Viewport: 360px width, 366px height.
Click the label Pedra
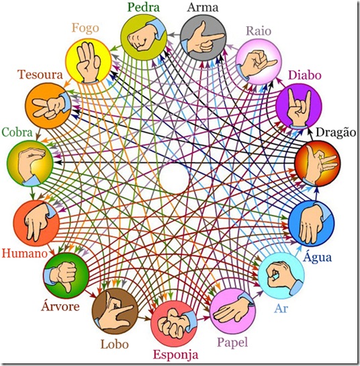(144, 7)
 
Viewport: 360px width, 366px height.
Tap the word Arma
(203, 7)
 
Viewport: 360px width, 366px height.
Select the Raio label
(259, 31)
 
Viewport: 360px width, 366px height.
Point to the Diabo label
(305, 75)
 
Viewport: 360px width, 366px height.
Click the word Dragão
(336, 132)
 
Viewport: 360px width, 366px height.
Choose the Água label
(317, 257)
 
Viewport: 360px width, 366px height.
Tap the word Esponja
(175, 355)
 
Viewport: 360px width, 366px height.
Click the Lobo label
(114, 345)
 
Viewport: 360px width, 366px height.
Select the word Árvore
(60, 306)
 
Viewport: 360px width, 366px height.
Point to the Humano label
(24, 253)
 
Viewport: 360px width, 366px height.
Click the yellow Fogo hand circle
(88, 61)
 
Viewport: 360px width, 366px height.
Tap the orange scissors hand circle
(48, 105)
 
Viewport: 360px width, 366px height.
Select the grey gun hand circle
(203, 38)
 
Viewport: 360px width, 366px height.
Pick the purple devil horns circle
(299, 106)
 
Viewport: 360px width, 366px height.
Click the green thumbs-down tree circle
(66, 275)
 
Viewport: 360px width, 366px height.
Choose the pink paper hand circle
(233, 311)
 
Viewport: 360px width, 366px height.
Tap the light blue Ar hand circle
(281, 275)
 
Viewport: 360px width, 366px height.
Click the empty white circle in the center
(174, 179)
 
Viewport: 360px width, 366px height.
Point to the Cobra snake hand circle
(30, 163)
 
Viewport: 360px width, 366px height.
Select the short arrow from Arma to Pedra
(174, 35)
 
